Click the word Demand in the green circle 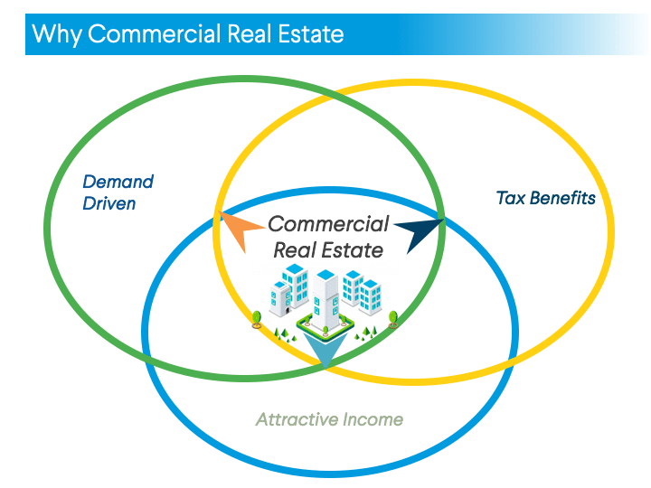(x=118, y=182)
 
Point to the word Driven (x=109, y=202)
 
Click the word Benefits (x=562, y=196)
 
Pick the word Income (x=373, y=419)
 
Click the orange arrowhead (x=238, y=230)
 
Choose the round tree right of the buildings (x=392, y=317)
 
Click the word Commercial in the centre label (x=328, y=224)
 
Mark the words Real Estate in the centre (x=328, y=249)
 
